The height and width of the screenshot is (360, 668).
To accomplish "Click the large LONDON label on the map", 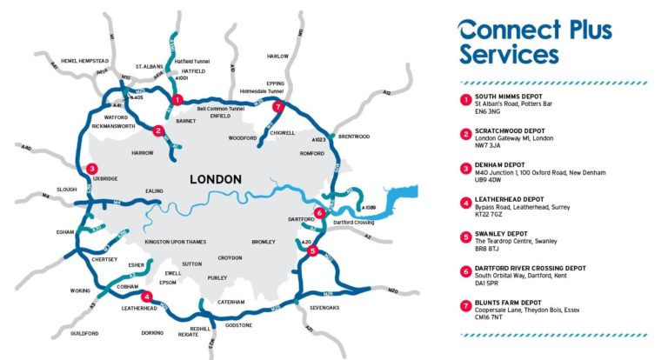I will (215, 178).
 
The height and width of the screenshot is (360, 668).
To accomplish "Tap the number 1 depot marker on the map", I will (177, 99).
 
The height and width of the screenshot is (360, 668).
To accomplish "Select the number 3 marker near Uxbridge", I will (92, 169).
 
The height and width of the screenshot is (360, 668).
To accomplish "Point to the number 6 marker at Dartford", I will (320, 212).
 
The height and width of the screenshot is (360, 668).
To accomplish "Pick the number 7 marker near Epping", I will (277, 107).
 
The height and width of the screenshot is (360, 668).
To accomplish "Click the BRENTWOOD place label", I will (354, 137).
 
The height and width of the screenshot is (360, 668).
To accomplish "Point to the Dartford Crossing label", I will (352, 223).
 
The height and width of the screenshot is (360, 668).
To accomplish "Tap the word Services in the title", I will (509, 56).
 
